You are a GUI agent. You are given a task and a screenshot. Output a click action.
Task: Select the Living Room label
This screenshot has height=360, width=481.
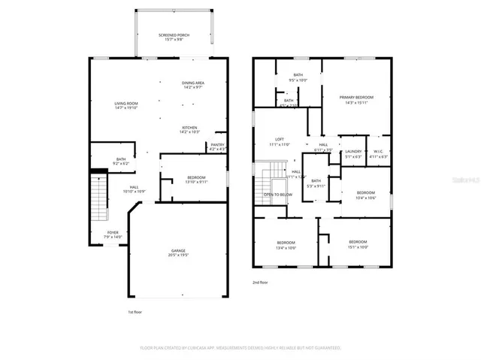[x=126, y=106]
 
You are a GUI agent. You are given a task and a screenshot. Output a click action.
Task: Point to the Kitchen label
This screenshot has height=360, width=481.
[x=189, y=130]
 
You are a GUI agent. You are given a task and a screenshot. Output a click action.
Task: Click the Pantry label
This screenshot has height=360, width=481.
[x=217, y=147]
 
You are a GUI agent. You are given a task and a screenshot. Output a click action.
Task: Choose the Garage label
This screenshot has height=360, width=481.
[x=177, y=253]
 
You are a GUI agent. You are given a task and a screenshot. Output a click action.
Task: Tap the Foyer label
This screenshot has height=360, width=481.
[x=112, y=234]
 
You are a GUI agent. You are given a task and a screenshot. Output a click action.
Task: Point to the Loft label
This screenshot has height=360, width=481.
[x=279, y=141]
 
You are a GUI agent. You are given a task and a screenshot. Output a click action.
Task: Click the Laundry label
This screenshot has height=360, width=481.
[x=352, y=154]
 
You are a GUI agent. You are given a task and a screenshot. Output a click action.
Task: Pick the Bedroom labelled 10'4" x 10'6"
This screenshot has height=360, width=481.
[x=365, y=195]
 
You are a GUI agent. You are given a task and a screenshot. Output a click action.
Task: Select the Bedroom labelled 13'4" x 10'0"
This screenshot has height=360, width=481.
[x=286, y=244]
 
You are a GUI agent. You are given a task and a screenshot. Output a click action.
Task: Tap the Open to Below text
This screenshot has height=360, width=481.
[x=277, y=195]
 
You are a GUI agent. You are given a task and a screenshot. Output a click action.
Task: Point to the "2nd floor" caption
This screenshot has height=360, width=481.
[x=261, y=283]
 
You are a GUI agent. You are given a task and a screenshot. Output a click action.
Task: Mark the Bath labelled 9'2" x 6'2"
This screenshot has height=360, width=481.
[x=121, y=161]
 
